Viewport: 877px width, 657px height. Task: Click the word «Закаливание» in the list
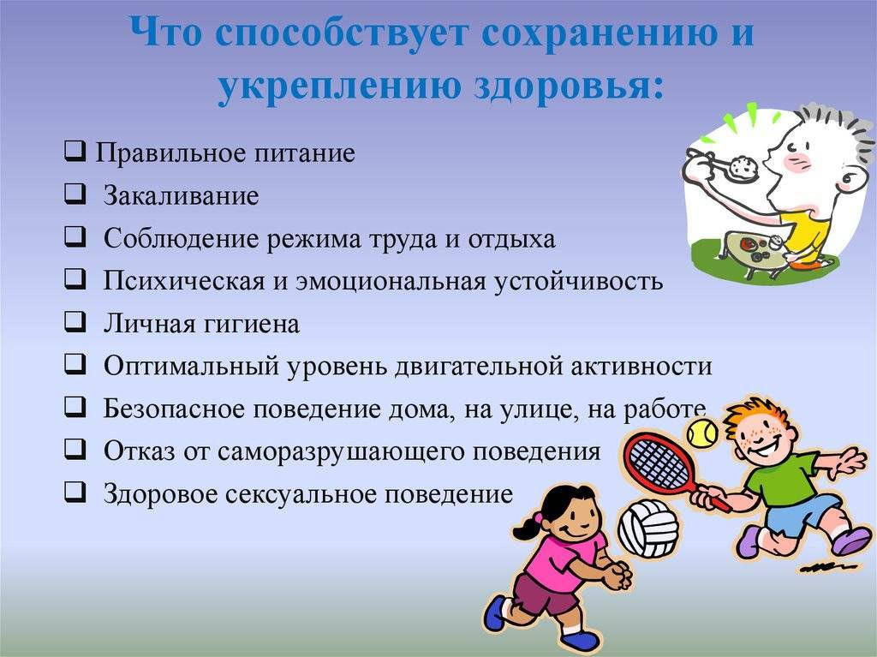pyautogui.click(x=181, y=196)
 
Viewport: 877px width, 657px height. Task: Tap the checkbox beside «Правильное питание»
pyautogui.click(x=75, y=152)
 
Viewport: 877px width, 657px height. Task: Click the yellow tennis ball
pyautogui.click(x=702, y=433)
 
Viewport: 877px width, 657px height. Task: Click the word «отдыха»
pyautogui.click(x=511, y=239)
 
